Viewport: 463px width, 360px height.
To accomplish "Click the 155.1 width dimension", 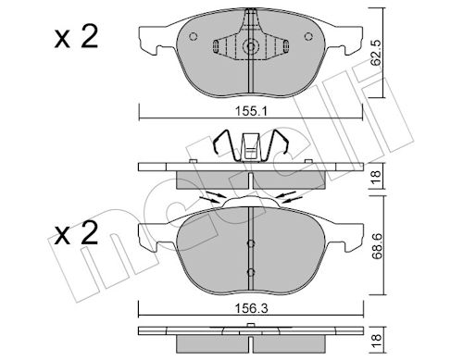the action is coord(251,111).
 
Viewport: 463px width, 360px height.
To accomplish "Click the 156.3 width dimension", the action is coord(251,308).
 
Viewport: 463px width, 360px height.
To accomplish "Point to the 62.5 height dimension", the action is coord(376,53).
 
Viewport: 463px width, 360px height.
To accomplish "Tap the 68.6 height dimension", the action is coord(377,246).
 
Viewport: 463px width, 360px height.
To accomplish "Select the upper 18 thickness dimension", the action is coord(377,177).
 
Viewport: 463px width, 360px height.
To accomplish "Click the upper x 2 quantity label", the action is coord(76,37).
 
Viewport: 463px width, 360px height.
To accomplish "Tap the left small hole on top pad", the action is coord(194,36).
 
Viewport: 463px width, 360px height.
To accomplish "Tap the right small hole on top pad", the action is coord(308,36).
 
